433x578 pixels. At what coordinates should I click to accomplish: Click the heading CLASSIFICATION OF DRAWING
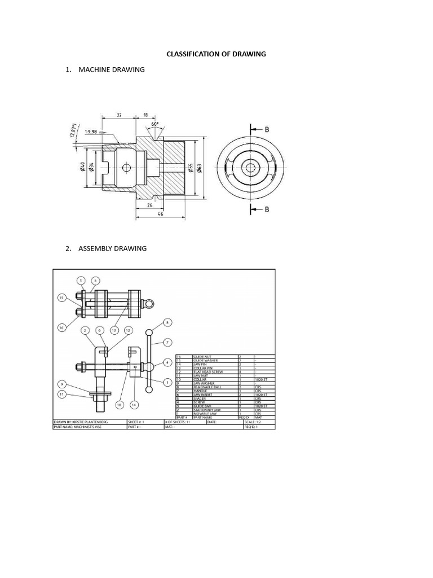216,54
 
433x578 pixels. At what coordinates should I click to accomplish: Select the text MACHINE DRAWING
111,69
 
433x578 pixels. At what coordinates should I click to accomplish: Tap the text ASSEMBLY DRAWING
112,248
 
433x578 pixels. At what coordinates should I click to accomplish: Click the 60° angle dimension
154,122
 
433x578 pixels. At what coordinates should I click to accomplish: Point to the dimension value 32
119,115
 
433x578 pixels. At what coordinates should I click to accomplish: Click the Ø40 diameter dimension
82,168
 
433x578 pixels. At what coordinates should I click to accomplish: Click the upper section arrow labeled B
260,129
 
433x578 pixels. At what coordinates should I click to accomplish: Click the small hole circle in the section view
126,168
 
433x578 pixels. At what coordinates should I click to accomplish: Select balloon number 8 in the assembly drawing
167,323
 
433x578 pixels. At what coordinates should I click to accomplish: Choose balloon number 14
134,404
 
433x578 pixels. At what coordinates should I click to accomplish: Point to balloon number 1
167,382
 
